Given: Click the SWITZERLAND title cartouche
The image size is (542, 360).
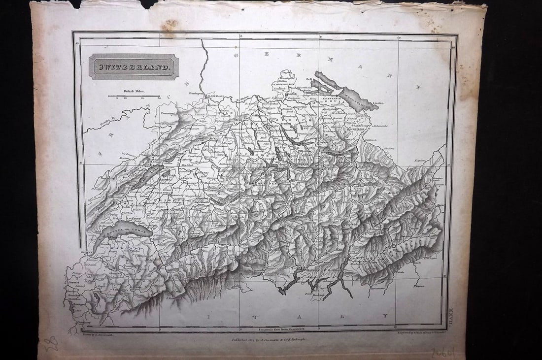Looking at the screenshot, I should tap(133, 66).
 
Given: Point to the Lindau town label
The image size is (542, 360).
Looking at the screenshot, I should tap(378, 103).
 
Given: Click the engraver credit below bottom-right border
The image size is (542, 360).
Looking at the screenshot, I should tap(419, 333).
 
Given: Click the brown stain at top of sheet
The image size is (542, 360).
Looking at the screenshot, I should tap(170, 25).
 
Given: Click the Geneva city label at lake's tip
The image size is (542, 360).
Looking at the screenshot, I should tap(87, 251).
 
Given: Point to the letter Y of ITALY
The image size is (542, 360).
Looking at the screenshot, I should tap(386, 316).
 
